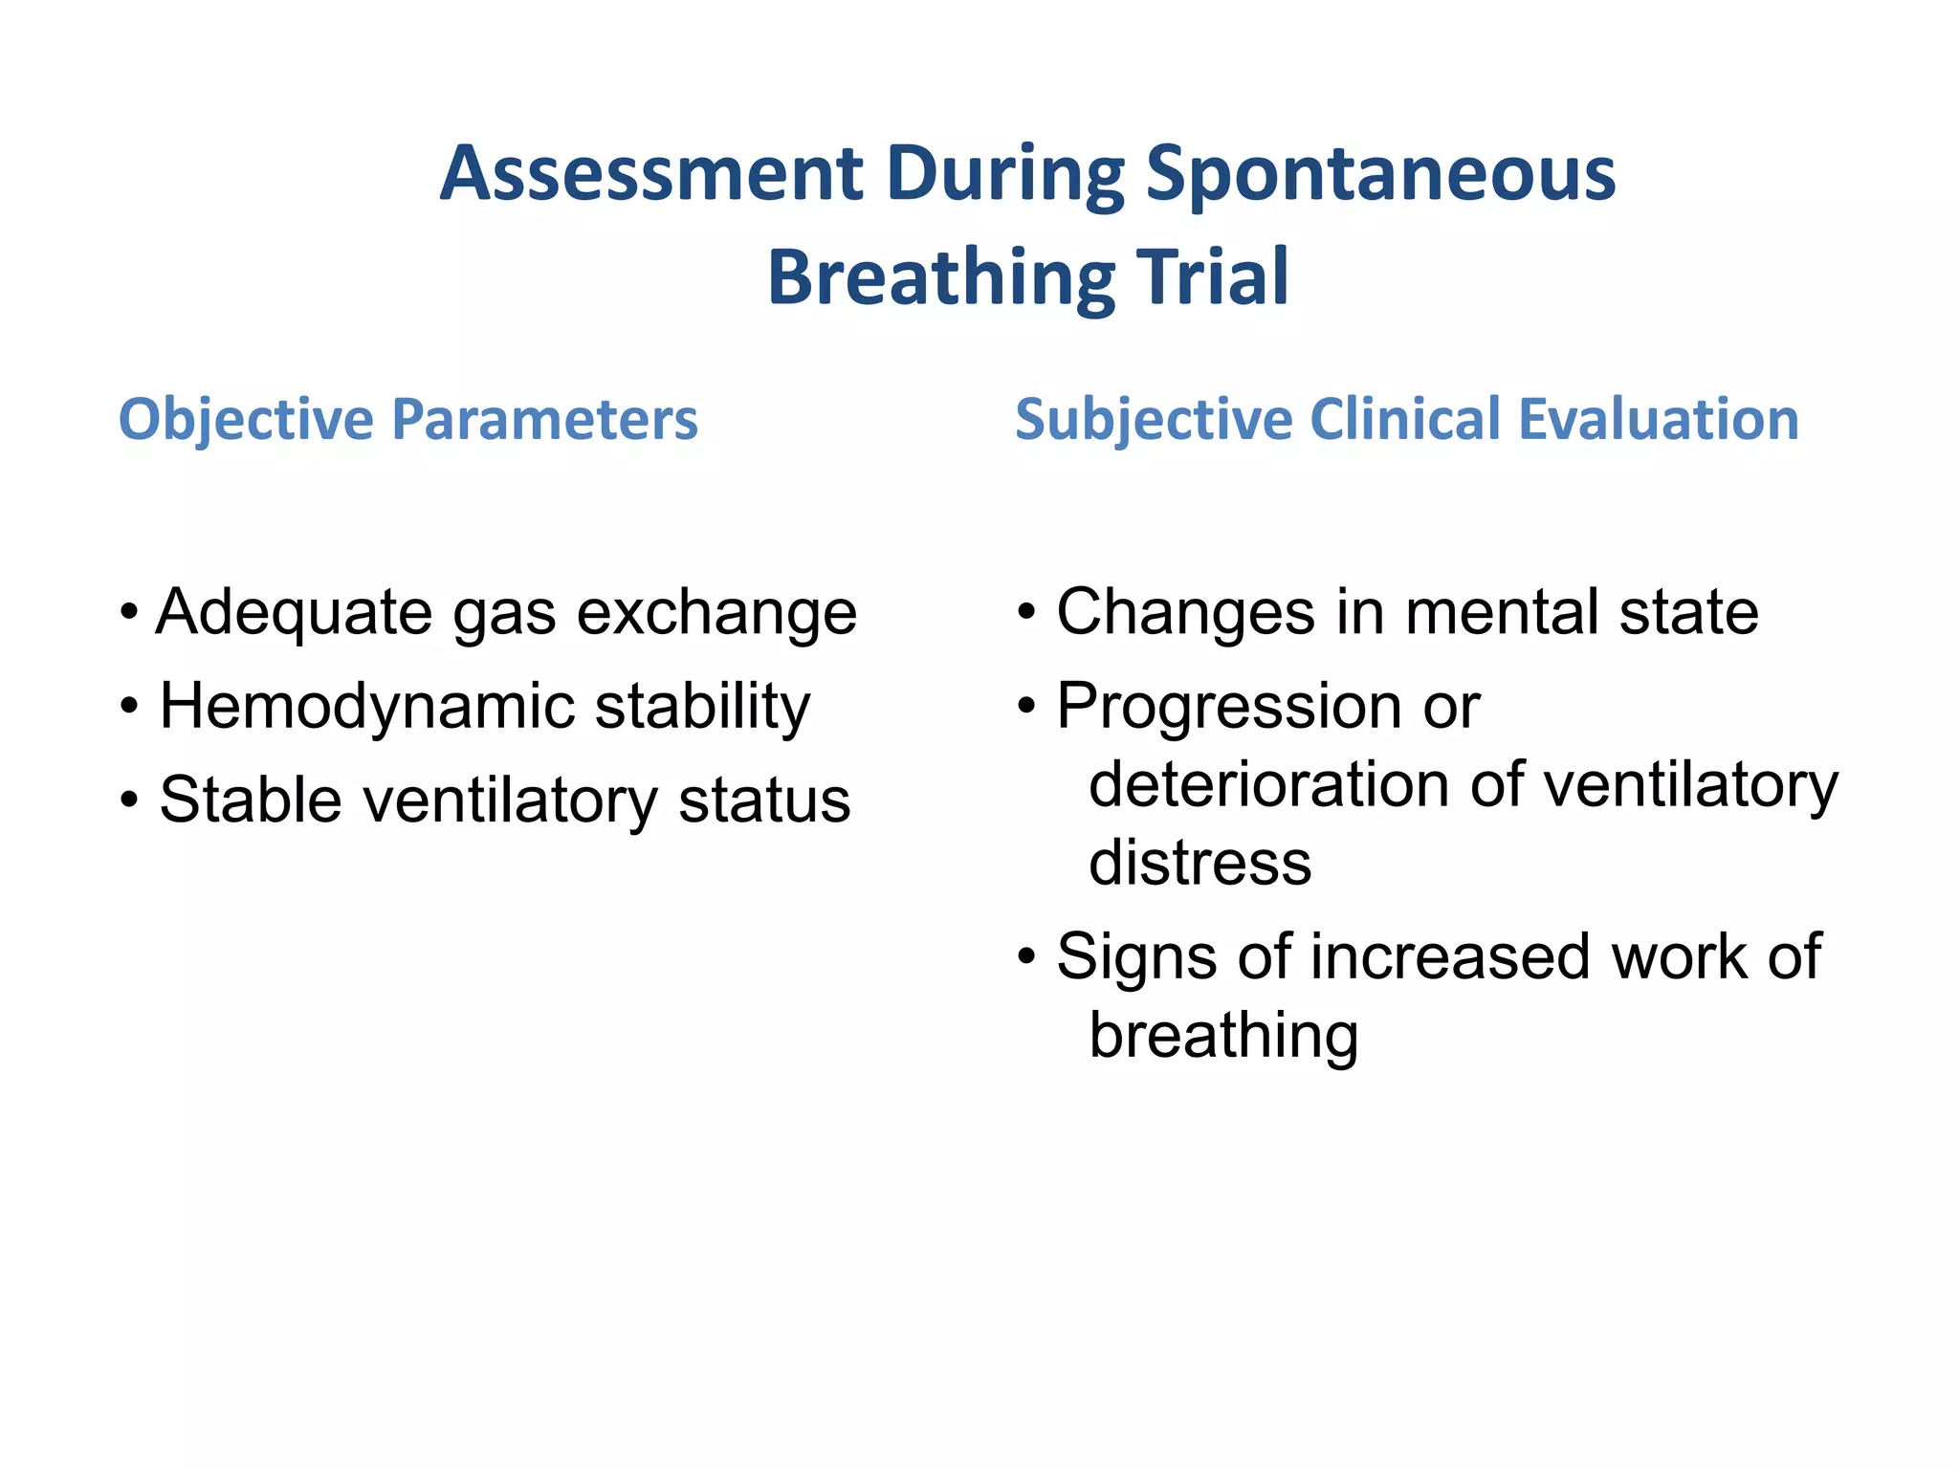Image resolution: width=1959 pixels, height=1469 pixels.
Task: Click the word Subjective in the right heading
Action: click(1154, 421)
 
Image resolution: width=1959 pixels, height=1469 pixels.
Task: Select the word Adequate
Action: click(295, 613)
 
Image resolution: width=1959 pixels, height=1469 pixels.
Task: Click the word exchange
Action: click(716, 613)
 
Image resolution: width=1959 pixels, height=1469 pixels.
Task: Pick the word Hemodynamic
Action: click(367, 707)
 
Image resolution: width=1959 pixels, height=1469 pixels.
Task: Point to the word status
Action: click(764, 800)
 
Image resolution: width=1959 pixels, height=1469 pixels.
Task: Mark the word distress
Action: click(1200, 863)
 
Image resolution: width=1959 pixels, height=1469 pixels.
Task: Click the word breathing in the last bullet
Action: click(1223, 1037)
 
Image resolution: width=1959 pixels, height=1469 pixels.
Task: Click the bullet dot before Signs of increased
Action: click(1026, 956)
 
